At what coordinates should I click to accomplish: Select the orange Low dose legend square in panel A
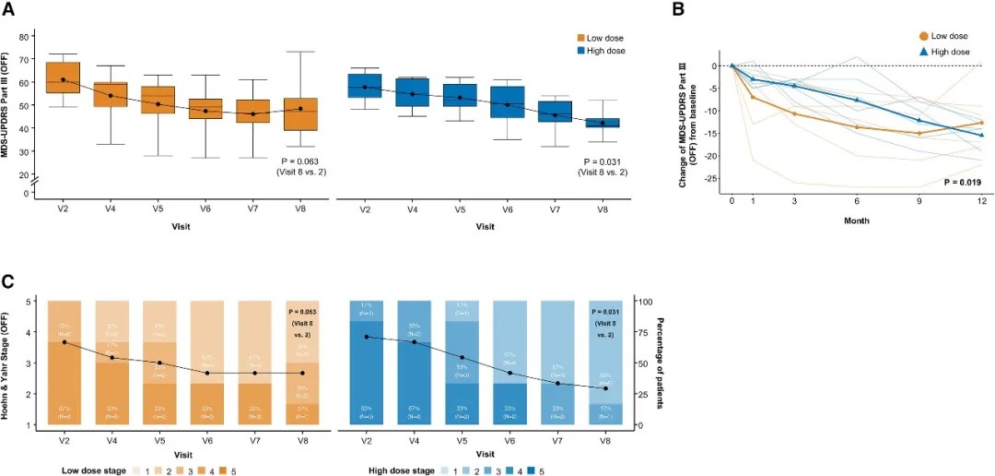[581, 38]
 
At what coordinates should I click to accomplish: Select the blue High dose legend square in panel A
[581, 51]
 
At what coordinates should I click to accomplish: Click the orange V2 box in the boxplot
[63, 78]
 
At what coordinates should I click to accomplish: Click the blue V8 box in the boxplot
[603, 123]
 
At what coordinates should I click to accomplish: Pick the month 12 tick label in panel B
[983, 200]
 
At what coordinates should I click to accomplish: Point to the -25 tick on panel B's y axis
[711, 179]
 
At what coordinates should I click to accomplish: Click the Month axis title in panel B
[858, 220]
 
